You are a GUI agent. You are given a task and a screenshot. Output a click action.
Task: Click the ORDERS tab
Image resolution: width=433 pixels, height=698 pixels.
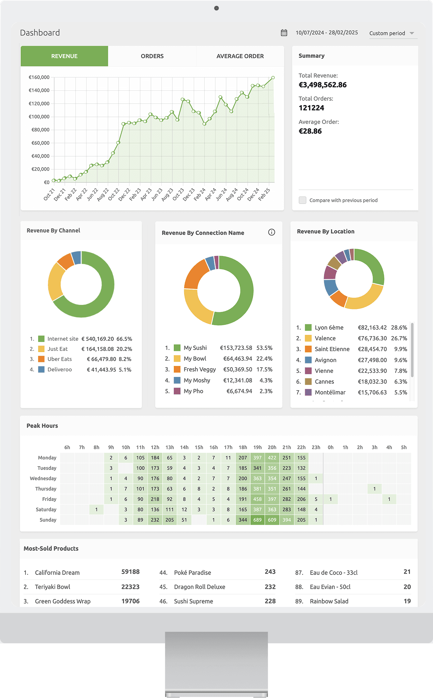point(152,56)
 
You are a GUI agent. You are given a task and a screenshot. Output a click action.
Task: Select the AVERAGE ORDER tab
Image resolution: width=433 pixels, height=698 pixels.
point(240,56)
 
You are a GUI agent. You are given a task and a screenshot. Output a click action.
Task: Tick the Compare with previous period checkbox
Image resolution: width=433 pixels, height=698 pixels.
point(302,200)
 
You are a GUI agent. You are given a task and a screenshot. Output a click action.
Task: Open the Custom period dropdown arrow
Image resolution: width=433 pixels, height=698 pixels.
point(412,33)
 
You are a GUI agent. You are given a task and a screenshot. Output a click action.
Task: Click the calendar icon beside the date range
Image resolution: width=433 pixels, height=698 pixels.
point(284,33)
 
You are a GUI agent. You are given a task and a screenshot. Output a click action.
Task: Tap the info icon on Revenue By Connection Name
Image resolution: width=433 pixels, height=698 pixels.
point(272,232)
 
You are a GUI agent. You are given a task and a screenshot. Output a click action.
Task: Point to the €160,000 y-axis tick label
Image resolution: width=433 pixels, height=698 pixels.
point(39,77)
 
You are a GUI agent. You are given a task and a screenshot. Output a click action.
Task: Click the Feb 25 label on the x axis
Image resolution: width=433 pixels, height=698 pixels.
point(264,194)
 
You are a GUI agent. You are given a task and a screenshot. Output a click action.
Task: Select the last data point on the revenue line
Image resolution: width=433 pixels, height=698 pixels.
point(273,78)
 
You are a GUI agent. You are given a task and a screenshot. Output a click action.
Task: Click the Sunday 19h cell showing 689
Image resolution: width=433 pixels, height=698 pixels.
point(258,520)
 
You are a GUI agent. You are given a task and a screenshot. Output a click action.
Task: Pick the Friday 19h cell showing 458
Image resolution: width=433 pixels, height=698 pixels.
point(258,499)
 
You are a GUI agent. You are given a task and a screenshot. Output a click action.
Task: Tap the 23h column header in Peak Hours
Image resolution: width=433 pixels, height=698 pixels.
point(316,447)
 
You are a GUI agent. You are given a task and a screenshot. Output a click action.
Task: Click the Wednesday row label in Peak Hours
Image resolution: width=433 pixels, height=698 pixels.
point(43,478)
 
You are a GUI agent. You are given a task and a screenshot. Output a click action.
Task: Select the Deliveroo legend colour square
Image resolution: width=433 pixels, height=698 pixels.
point(41,369)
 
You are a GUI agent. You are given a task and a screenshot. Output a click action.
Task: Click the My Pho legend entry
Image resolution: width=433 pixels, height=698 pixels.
point(193,391)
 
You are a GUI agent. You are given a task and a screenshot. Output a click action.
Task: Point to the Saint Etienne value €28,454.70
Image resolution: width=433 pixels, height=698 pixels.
point(372,349)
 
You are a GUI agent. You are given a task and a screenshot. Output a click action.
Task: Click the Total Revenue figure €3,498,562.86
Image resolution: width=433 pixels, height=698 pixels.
point(323,85)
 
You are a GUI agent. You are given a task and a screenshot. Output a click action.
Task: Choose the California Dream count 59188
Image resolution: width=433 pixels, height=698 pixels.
point(130,572)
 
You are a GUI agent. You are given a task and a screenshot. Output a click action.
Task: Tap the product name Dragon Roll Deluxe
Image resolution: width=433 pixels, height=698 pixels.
point(200,587)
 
